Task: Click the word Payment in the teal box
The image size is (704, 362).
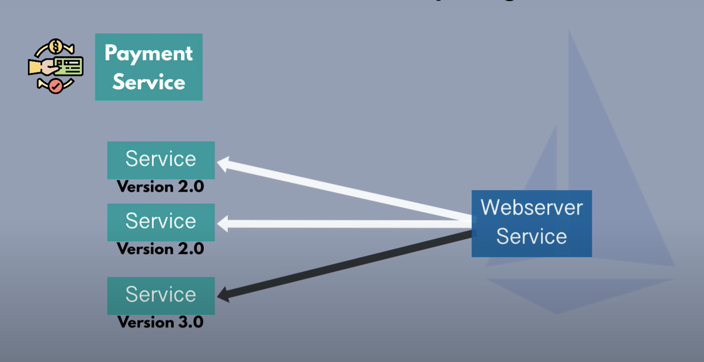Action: pyautogui.click(x=148, y=53)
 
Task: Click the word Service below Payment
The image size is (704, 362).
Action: pyautogui.click(x=149, y=82)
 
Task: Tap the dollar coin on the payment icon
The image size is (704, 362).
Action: pyautogui.click(x=56, y=46)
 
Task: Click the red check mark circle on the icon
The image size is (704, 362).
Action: pyautogui.click(x=56, y=86)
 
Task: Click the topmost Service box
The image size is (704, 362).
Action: pyautogui.click(x=161, y=160)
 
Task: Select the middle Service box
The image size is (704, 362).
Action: pyautogui.click(x=161, y=222)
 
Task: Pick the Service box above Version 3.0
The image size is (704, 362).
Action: pyautogui.click(x=161, y=295)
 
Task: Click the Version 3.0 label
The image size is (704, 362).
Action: pyautogui.click(x=160, y=322)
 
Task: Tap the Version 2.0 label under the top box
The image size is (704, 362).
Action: pyautogui.click(x=160, y=187)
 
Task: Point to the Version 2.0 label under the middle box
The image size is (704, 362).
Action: pyautogui.click(x=160, y=249)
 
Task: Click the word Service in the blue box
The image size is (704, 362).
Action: pyautogui.click(x=532, y=236)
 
